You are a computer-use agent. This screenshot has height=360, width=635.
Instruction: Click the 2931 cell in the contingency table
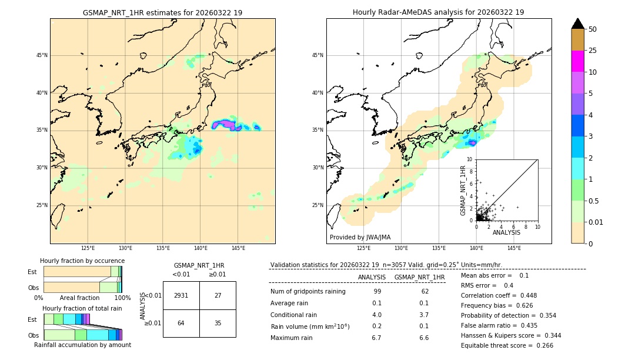(181, 295)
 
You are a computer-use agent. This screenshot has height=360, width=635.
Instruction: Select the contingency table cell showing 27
(218, 295)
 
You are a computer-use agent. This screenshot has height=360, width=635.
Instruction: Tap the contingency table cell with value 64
(181, 323)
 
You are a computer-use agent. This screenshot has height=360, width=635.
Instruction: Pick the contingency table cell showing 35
(218, 323)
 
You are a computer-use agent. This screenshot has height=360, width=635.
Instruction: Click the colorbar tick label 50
(593, 29)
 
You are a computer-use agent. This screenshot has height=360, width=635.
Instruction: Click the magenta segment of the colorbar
(578, 61)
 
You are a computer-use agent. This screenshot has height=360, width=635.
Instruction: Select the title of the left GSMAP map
(162, 12)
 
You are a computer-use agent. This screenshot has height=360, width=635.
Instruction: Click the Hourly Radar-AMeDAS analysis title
(439, 12)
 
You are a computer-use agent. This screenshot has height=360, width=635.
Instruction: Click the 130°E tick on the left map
(125, 248)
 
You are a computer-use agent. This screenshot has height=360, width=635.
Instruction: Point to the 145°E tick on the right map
(514, 248)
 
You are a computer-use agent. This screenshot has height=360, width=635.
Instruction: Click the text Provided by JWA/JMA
(360, 238)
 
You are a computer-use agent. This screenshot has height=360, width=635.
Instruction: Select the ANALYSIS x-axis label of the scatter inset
(506, 232)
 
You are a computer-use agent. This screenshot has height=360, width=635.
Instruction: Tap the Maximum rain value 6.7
(377, 338)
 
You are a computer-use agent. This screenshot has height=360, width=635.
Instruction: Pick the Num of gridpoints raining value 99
(377, 291)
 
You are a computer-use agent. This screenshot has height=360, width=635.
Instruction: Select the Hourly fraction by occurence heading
(82, 261)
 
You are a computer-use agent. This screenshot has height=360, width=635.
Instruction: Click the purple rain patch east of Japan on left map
(226, 124)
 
